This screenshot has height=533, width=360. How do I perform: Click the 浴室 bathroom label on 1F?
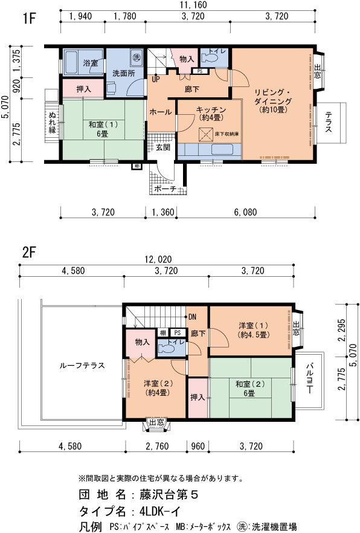coord(90,63)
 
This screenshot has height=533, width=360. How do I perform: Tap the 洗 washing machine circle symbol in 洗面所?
coord(137,56)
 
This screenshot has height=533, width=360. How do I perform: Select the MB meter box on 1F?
coord(137,167)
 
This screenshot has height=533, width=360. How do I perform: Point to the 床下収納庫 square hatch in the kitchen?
coord(205,134)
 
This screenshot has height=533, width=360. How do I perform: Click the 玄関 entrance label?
coord(163,148)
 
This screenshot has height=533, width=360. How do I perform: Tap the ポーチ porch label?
coord(166,189)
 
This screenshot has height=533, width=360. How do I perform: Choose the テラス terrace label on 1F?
coord(329,122)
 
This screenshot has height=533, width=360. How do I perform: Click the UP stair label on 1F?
coord(156,79)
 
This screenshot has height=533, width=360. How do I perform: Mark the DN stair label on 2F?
coord(192,317)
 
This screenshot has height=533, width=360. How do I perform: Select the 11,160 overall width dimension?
coord(193,5)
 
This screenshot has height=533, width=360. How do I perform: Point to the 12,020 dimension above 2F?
coord(158,260)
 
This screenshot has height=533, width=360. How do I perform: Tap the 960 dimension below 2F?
coord(198,446)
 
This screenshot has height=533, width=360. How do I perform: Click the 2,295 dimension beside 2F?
coord(342,330)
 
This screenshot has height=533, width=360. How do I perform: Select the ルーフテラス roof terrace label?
coord(82,366)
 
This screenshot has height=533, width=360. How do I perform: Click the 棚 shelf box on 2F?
coord(163,333)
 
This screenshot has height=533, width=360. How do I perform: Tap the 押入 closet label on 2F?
coord(198,397)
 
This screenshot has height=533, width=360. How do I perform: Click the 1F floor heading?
coord(29,18)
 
